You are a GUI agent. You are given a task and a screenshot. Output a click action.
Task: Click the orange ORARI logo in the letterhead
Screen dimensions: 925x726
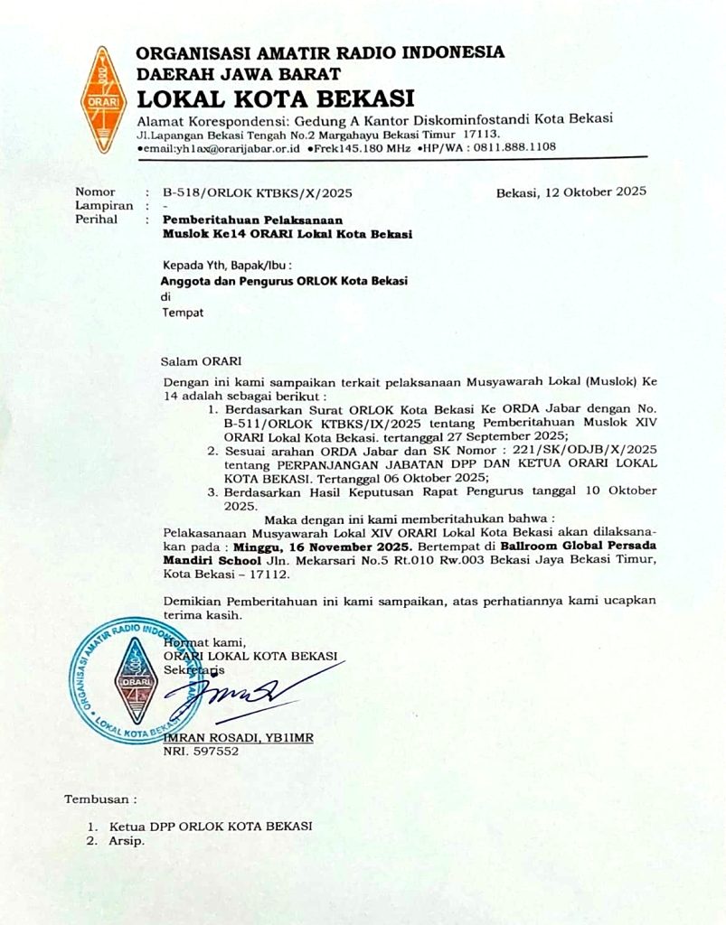coord(102,99)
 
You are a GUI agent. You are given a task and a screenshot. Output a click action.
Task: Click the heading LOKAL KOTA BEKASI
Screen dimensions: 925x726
coord(276,97)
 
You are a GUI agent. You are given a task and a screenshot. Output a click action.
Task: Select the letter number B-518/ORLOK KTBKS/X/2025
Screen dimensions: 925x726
coord(258,192)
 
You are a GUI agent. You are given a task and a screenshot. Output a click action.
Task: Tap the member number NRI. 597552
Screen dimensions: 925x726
coord(201,751)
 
